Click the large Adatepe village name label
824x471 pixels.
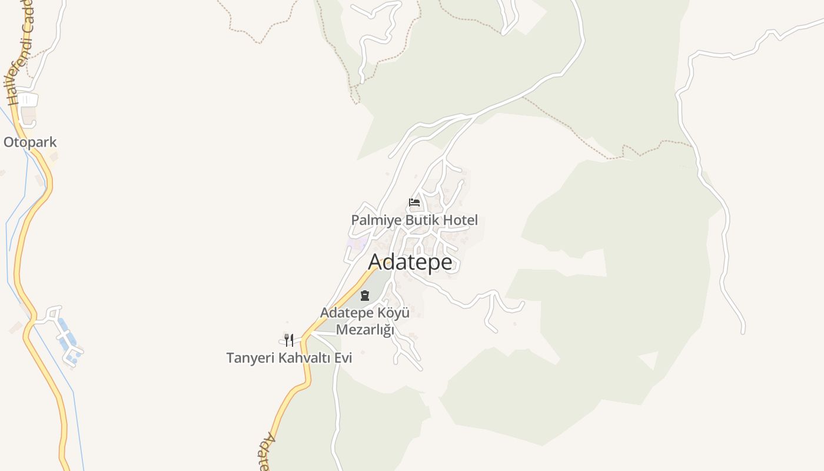tap(410, 262)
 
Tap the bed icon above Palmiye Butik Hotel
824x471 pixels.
tap(414, 203)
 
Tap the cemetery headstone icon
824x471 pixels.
tap(365, 296)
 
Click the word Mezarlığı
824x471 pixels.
tap(365, 330)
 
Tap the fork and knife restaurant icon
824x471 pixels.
tap(288, 340)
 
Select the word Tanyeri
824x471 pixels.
tap(251, 357)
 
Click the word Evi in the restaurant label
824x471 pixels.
tap(343, 357)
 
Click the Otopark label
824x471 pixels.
tap(30, 142)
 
